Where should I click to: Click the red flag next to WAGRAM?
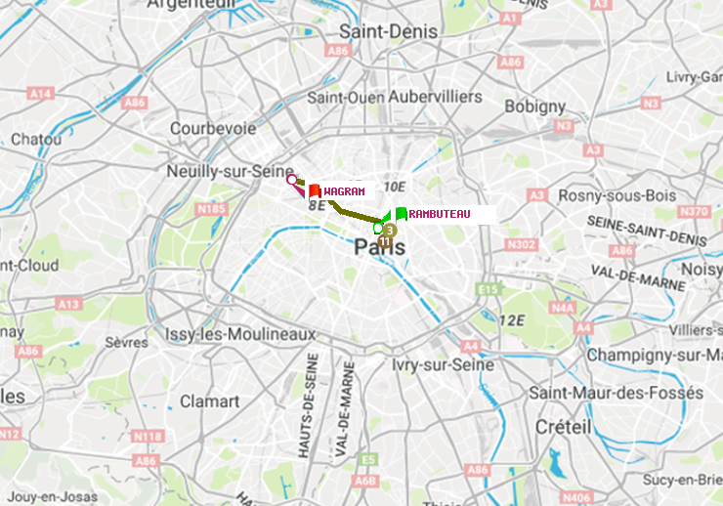click(315, 191)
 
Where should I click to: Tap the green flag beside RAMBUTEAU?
click(402, 213)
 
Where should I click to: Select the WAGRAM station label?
click(344, 191)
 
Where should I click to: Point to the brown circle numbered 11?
click(385, 241)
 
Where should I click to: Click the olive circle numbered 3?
click(389, 230)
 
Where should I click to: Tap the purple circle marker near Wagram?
click(291, 179)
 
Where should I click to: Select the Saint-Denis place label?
click(388, 32)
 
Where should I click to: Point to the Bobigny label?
click(534, 105)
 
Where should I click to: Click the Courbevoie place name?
click(212, 128)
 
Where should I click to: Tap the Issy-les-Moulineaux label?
click(240, 334)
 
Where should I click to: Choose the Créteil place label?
click(563, 427)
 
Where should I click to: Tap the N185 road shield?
click(211, 208)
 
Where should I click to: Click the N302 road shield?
click(523, 244)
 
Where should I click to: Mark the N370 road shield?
click(694, 211)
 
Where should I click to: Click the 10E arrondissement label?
click(394, 186)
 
